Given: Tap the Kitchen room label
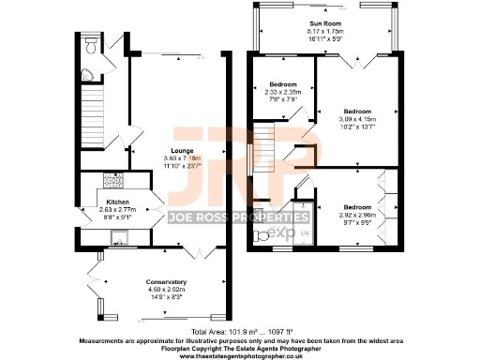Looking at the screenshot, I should pos(117,202).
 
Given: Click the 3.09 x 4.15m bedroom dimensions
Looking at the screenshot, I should pos(358,119).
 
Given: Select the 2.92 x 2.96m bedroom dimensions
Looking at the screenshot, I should pos(356,214).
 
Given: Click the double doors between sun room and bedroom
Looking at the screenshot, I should pos(355,61).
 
